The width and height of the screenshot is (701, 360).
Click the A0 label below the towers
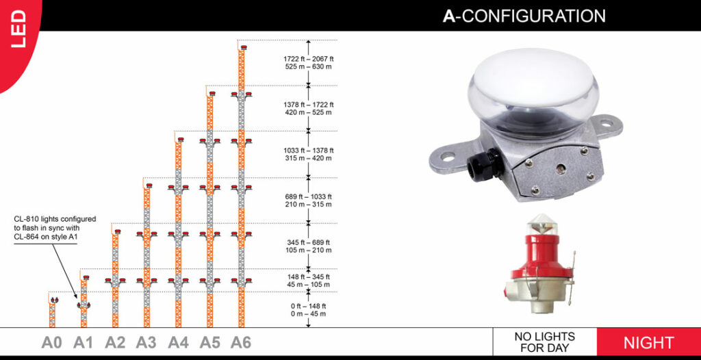(52, 342)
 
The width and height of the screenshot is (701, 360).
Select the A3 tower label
(146, 342)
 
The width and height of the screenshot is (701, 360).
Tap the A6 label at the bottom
(241, 342)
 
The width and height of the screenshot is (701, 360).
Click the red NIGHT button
(648, 342)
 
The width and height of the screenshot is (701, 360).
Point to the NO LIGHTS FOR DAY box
(544, 342)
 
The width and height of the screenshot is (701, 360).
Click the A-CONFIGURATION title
(524, 16)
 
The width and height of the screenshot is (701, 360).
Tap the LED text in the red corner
(18, 29)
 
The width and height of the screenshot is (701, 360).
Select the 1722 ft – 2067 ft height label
(309, 63)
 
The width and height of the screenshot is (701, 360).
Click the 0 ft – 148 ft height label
(309, 310)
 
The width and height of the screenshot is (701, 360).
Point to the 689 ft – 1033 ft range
(309, 201)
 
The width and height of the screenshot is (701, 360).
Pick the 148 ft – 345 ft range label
(309, 281)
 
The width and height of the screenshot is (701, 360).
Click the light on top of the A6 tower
(243, 46)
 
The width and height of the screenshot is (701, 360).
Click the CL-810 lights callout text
(55, 228)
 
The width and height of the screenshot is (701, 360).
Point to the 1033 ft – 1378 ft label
(309, 154)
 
